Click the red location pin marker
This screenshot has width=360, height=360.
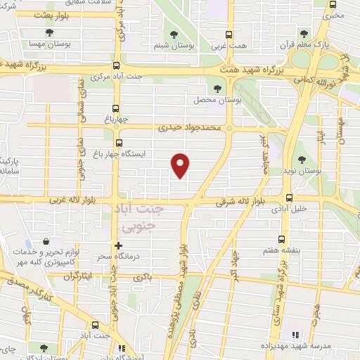(181, 166)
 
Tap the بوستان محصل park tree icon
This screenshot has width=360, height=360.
(217, 88)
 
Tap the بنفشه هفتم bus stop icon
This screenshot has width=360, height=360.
(282, 238)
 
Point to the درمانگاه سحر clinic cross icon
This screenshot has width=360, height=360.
(118, 245)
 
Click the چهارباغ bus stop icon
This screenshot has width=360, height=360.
(116, 109)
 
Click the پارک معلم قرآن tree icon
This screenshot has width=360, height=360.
(304, 33)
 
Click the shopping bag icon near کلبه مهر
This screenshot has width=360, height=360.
(46, 240)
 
